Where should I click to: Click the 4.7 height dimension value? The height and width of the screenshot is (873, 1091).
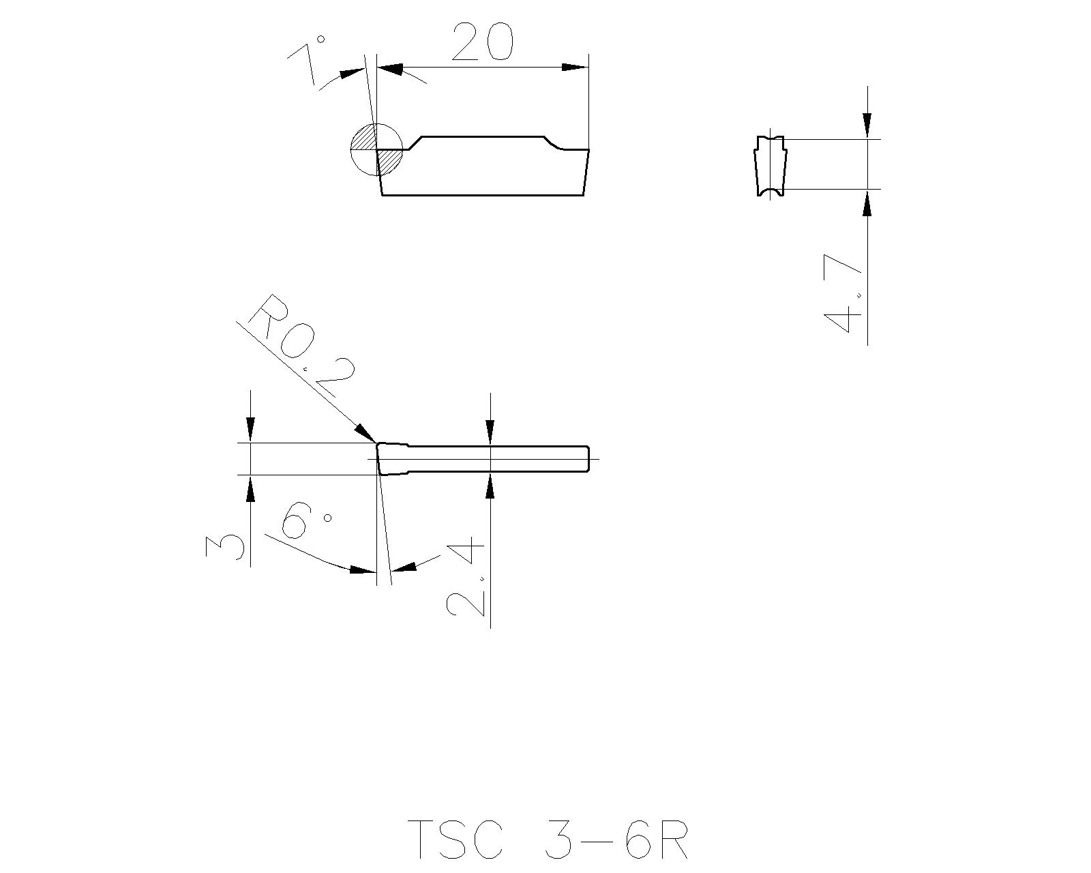pyautogui.click(x=843, y=293)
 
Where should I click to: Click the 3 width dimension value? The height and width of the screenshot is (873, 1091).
pyautogui.click(x=224, y=547)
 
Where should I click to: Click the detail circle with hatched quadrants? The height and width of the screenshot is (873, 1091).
pyautogui.click(x=376, y=149)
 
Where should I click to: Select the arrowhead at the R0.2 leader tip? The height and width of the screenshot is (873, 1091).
pyautogui.click(x=365, y=432)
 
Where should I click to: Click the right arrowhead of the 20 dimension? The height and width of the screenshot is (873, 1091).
pyautogui.click(x=574, y=68)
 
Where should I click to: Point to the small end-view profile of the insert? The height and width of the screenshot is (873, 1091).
pyautogui.click(x=771, y=166)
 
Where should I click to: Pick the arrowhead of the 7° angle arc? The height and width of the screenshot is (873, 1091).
pyautogui.click(x=352, y=72)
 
